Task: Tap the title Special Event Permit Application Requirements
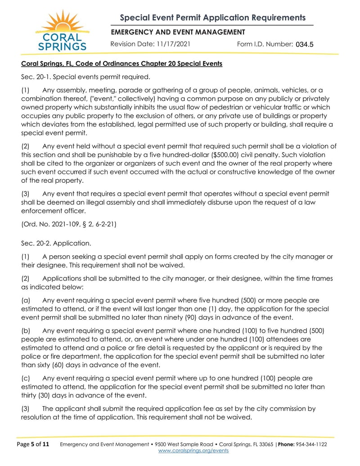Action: (212, 18)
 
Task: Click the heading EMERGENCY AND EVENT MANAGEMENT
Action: (178, 32)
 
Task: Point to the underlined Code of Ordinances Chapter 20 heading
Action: (121, 63)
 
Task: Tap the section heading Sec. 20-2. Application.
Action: (56, 244)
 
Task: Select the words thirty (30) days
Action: (47, 396)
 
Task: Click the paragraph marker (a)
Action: (26, 300)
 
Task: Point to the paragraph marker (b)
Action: (26, 331)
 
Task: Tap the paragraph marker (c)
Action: (26, 378)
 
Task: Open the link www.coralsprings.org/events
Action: (193, 451)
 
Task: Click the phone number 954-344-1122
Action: (311, 444)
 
